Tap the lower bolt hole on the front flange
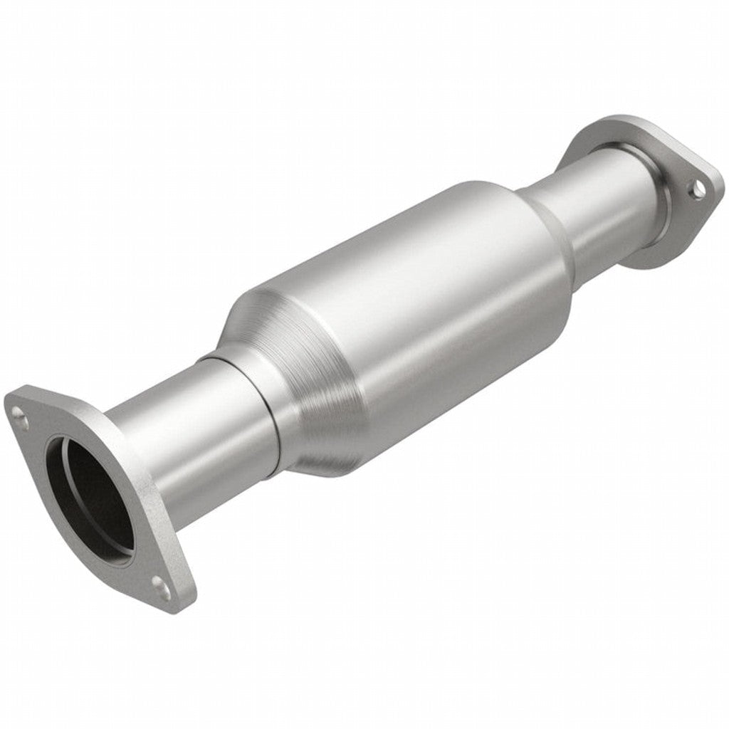coord(161,587)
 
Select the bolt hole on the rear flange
coord(699,187)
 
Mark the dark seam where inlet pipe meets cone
coord(275,420)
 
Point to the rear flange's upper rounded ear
coord(605,128)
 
